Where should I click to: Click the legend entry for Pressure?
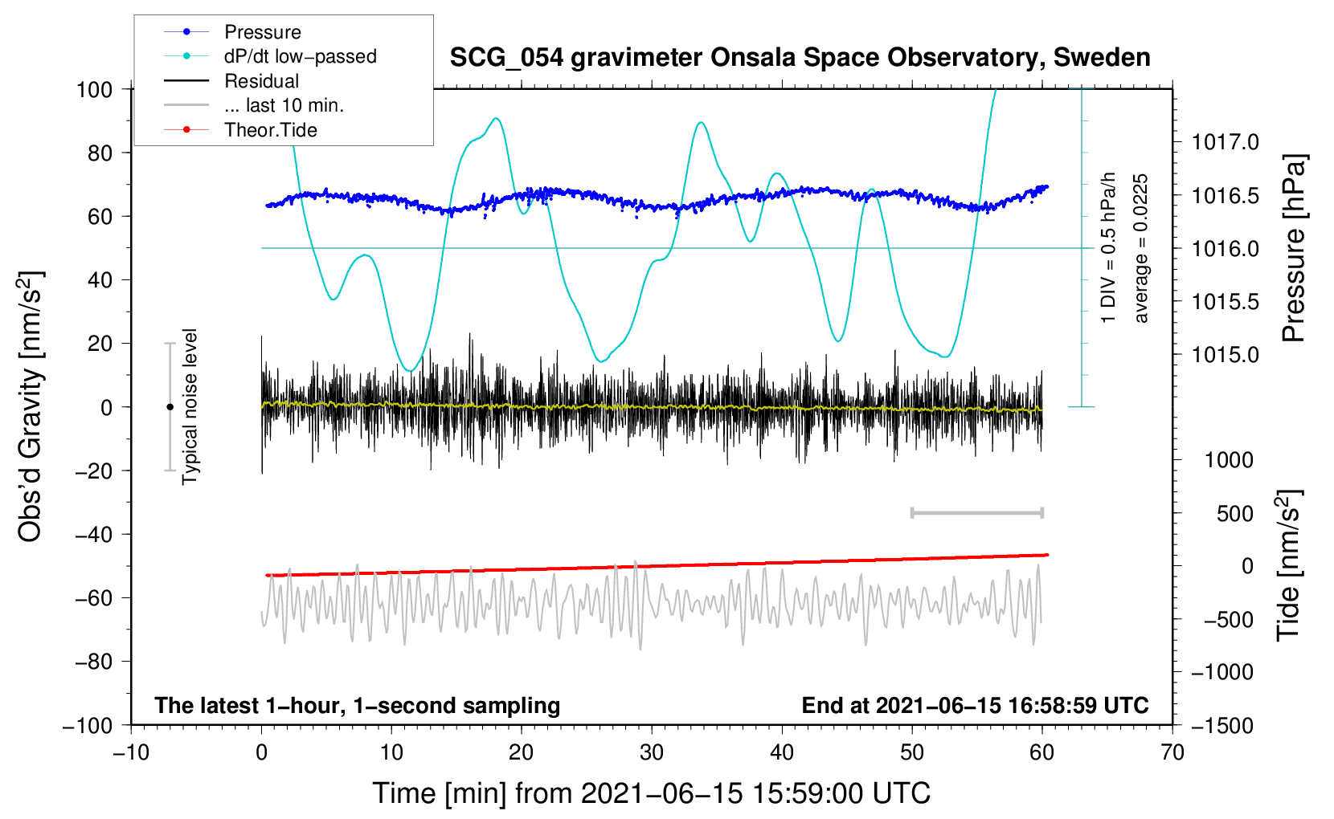(232, 31)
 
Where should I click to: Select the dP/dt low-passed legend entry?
(270, 56)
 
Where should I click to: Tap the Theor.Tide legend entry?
(240, 130)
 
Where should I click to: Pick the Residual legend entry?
(231, 81)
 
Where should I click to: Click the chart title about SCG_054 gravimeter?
(800, 58)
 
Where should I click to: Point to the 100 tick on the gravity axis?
(94, 90)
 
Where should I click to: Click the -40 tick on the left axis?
(93, 535)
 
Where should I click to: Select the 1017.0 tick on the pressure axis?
(1225, 142)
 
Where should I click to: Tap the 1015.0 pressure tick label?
(1225, 355)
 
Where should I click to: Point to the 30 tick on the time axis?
(652, 752)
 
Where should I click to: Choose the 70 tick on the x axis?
(1172, 752)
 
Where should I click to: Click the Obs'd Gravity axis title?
(30, 406)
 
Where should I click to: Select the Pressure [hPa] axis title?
(1294, 248)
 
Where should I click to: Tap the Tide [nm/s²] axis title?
(1289, 565)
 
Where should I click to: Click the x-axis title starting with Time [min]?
(652, 793)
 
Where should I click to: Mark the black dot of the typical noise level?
(170, 407)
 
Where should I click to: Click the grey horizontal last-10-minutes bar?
(976, 512)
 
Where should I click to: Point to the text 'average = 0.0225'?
(1140, 248)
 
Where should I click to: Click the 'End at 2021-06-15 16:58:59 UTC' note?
(975, 705)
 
